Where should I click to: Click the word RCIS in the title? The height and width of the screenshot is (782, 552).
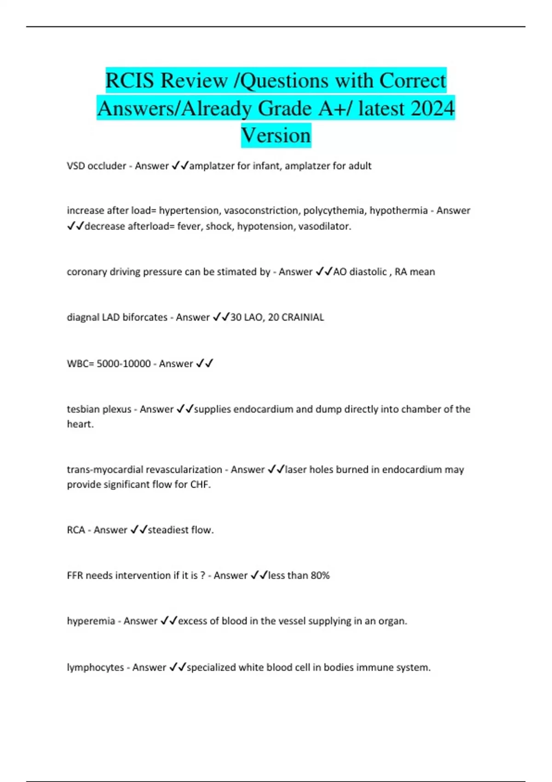click(x=130, y=81)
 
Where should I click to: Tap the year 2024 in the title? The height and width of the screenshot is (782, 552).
click(x=432, y=109)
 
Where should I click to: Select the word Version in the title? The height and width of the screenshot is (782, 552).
click(x=276, y=136)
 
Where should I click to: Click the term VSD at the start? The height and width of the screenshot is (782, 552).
click(x=76, y=166)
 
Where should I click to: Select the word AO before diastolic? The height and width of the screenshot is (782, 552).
click(x=340, y=272)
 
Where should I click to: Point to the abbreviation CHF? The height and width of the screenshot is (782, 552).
click(x=200, y=485)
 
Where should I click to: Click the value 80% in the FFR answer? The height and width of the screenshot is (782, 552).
click(x=320, y=575)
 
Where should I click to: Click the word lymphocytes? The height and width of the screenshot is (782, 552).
click(x=95, y=667)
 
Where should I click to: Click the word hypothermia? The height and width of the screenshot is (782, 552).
click(x=398, y=211)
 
